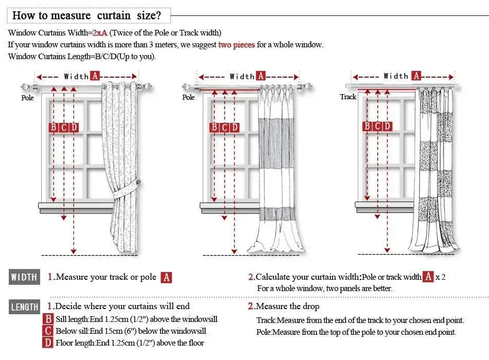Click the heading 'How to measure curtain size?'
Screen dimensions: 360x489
87,15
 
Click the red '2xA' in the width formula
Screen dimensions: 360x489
100,33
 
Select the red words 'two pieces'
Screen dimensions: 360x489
236,45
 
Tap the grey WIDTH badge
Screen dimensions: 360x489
24,278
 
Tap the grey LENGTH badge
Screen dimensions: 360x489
24,307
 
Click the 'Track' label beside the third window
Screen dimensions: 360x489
348,97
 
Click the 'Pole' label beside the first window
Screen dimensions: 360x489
27,97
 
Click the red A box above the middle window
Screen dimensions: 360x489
261,76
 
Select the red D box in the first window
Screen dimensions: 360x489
74,128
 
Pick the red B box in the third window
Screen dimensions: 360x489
367,126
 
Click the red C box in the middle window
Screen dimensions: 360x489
224,128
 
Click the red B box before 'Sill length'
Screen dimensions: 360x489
48,319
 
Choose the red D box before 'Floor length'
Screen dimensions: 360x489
48,343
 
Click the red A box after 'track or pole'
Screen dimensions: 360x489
166,278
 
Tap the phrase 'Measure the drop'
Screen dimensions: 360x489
287,307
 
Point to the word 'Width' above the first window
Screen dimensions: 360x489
76,76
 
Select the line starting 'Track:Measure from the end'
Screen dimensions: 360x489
360,320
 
